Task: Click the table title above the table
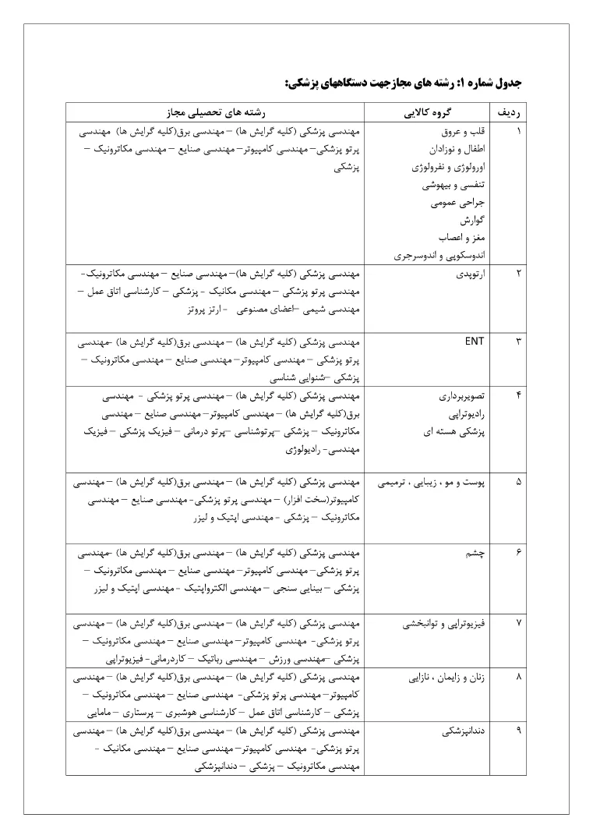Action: pyautogui.click(x=403, y=81)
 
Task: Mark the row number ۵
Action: pyautogui.click(x=519, y=482)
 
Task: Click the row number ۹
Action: pyautogui.click(x=519, y=732)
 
